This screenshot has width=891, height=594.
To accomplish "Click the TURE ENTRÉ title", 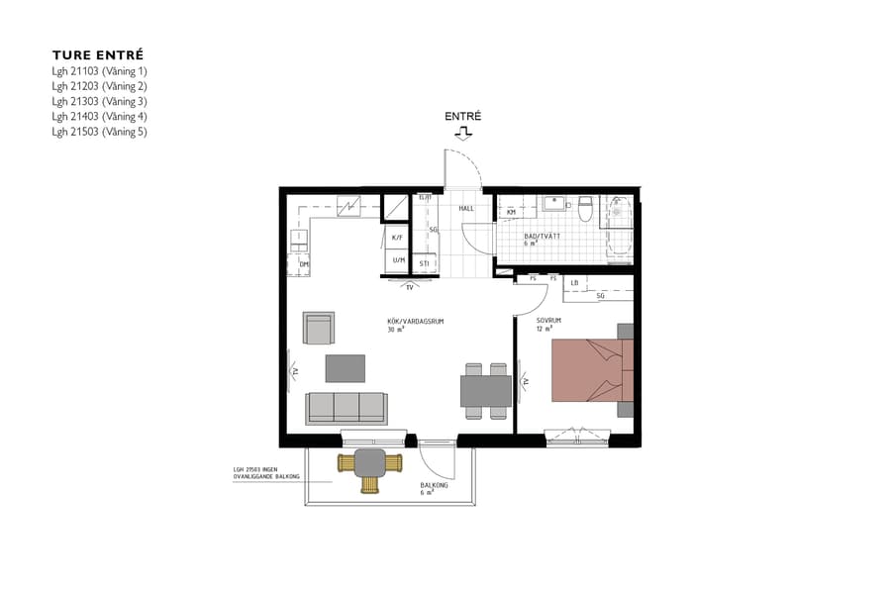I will point(98,55).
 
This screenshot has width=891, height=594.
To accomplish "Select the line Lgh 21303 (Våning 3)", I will point(99,101).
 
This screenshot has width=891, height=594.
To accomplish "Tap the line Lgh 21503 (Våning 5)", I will point(99,132).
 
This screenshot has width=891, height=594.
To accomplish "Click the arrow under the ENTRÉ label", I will point(463,132).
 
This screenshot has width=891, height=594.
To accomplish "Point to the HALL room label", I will point(466,208).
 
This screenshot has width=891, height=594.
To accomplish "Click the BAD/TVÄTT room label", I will point(542,236).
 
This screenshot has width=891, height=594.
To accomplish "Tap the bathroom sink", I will point(555,205).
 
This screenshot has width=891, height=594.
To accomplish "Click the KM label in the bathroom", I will point(512,212).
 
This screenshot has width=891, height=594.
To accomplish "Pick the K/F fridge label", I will point(397,238).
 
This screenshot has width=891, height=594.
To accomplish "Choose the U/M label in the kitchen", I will point(398,260).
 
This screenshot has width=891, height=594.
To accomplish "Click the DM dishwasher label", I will point(304,265).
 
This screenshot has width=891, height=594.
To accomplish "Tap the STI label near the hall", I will point(424,263).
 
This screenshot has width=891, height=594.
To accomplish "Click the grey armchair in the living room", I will point(319,328).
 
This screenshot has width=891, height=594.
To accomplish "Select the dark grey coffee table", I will point(346,368).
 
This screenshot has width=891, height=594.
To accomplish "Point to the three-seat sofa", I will point(346,407).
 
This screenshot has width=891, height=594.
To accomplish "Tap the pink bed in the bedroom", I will point(583,370).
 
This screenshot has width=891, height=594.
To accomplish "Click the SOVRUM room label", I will point(549,321).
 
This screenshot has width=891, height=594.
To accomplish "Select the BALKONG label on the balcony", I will point(434,485).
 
